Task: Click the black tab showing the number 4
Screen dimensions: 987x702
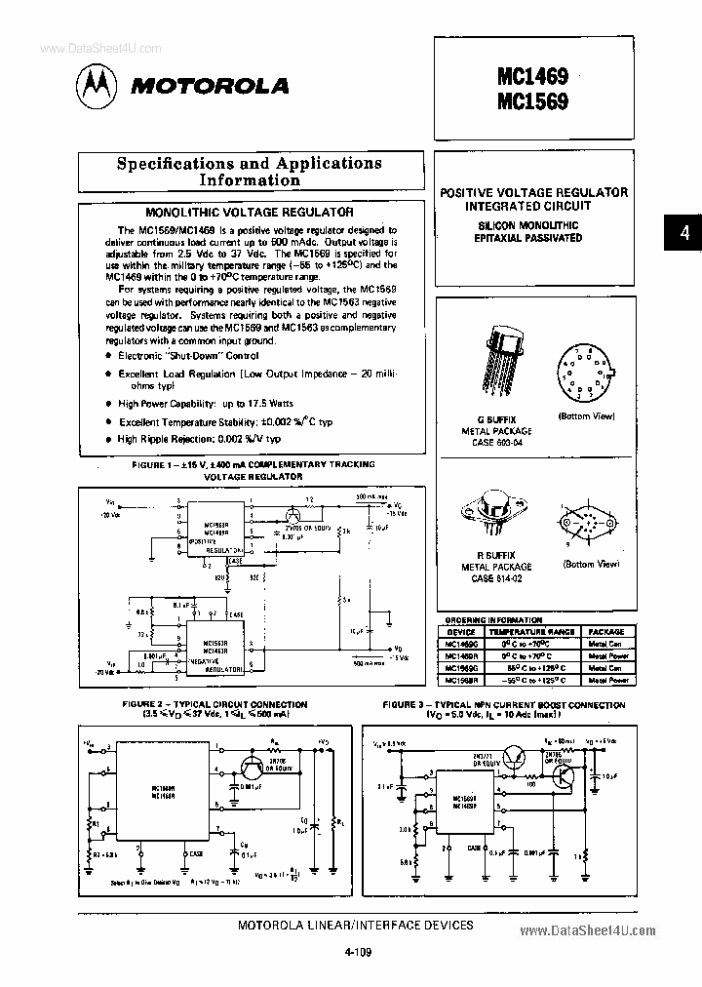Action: point(684,233)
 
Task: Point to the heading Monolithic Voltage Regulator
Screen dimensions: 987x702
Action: point(249,211)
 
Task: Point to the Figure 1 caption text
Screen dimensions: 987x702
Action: point(253,471)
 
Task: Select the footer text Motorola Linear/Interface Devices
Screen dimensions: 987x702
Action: point(356,925)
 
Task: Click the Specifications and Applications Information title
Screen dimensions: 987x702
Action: point(250,172)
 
